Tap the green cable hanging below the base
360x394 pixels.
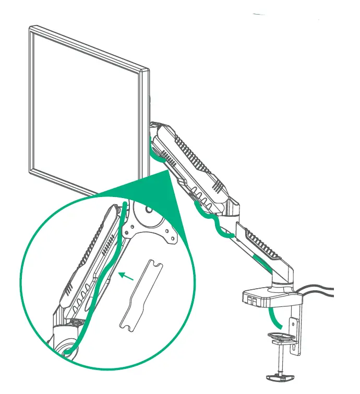click(272, 317)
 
